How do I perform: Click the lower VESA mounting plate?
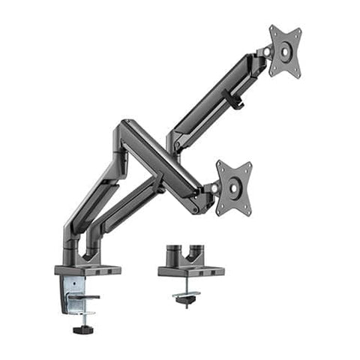point(234,187)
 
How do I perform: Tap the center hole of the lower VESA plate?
point(234,187)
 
